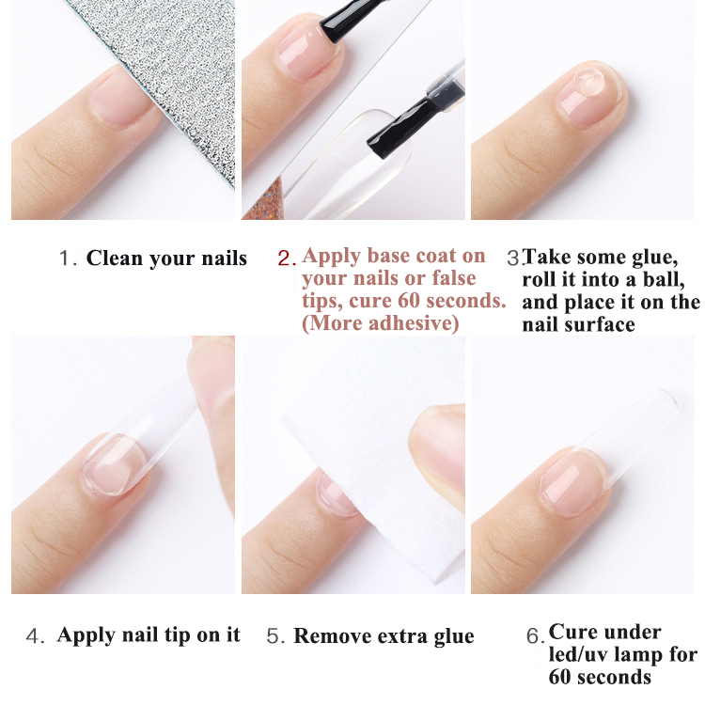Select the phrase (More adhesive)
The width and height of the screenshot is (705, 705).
[380, 323]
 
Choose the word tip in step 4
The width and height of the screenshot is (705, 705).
[195, 635]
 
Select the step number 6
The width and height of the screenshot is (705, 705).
[533, 636]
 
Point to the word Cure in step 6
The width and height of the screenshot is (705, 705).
[571, 632]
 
